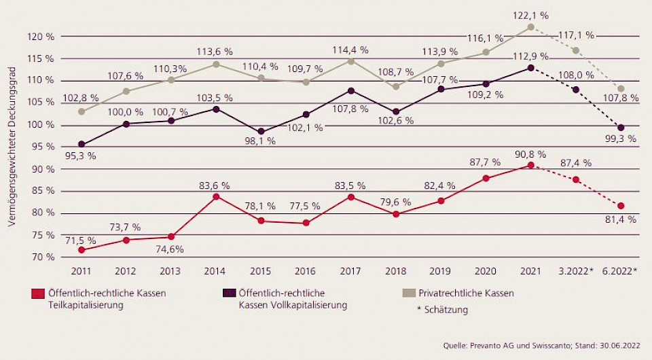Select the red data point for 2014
(216, 197)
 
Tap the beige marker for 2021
(531, 27)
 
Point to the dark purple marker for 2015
(261, 132)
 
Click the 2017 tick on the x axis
(350, 271)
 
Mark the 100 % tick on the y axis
(43, 125)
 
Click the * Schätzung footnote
(442, 310)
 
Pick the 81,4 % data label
(620, 219)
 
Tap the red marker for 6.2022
(621, 206)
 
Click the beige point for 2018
(397, 87)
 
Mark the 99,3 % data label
(620, 139)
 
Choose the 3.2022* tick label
(575, 271)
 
